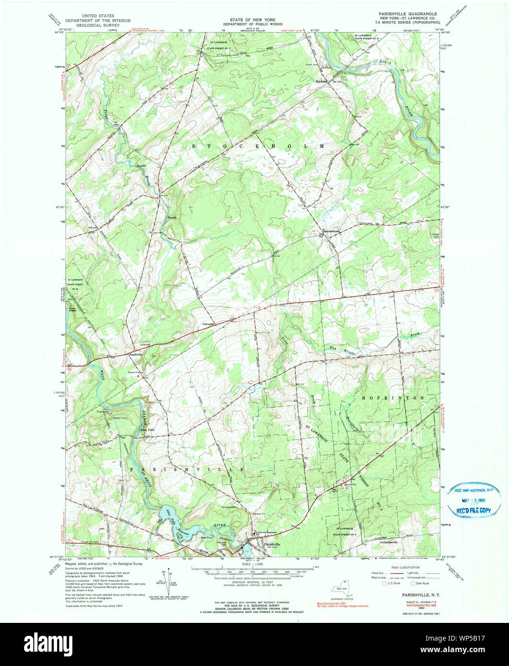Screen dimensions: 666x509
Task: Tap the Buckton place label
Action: click(321, 81)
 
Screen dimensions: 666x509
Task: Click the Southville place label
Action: click(136, 354)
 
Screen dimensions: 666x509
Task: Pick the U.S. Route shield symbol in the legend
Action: click(383, 583)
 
